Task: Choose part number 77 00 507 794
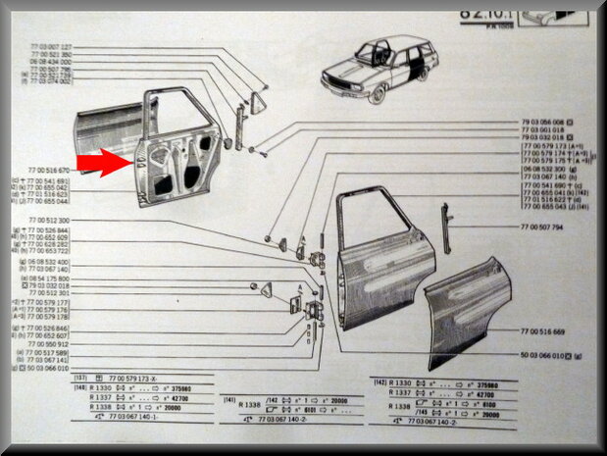point(541,227)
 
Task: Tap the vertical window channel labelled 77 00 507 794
point(445,228)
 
